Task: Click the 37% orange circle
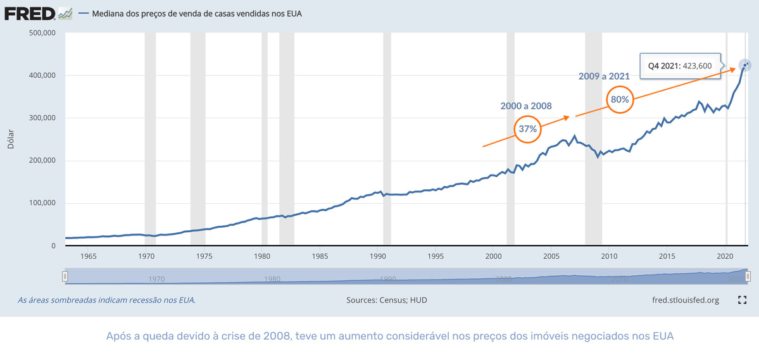pos(528,128)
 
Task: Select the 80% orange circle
pos(620,99)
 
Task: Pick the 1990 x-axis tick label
pos(377,256)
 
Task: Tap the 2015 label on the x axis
pos(667,256)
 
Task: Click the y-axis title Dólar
pos(11,139)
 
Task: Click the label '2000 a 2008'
pos(527,105)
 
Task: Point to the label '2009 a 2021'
pos(604,76)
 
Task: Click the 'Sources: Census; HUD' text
pos(387,300)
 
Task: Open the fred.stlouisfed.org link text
pos(685,300)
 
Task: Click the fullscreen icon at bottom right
pos(743,300)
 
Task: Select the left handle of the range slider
pos(65,276)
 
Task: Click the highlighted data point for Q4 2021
pos(745,65)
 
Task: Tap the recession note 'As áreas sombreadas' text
pos(106,300)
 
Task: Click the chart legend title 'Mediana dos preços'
pos(198,13)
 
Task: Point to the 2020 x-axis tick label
pos(725,256)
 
